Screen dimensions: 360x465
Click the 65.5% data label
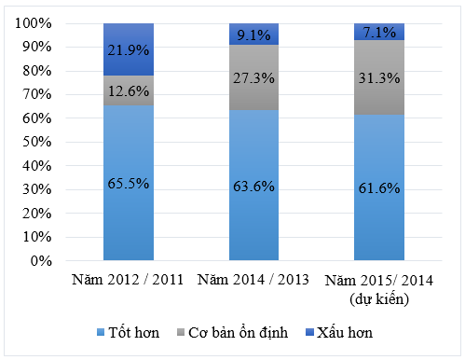129,184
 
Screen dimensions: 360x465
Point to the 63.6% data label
253,186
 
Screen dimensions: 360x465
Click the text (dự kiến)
378,298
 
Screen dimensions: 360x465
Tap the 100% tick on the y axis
34,23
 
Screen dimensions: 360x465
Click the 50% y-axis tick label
37,143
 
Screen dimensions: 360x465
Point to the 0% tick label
41,261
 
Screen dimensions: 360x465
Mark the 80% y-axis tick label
37,71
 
